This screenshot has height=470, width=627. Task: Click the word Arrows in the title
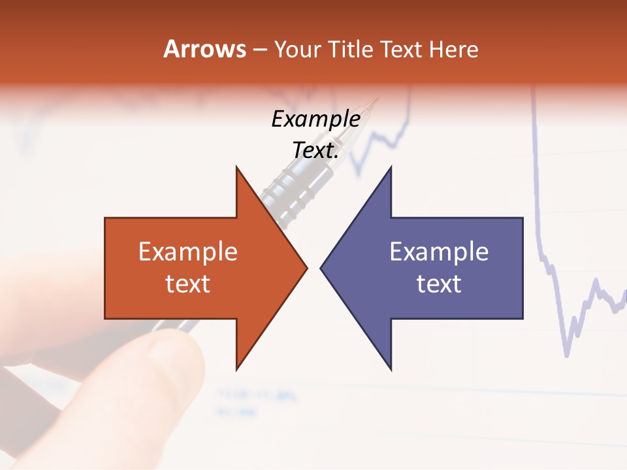point(204,50)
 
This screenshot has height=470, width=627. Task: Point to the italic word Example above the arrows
point(315,119)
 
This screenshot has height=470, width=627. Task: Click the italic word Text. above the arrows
point(315,151)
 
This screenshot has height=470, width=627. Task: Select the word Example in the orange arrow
point(188,252)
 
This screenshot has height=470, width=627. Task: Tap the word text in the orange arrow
point(188,284)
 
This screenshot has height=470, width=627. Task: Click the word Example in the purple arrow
point(439,252)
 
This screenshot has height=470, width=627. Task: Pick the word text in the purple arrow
point(439,284)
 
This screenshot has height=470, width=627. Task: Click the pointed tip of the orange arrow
point(306,268)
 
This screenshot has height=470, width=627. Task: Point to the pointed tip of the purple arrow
point(321,268)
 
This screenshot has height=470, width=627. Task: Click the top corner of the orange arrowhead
point(236,168)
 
